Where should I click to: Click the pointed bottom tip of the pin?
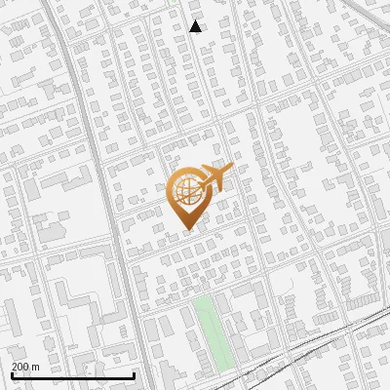(x=187, y=229)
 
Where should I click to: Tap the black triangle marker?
(x=196, y=27)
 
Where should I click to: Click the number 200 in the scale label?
(x=20, y=367)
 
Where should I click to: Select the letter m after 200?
(x=36, y=367)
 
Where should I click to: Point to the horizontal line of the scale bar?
(x=73, y=376)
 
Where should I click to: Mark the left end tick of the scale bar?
(x=12, y=375)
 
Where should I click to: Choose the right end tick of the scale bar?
(x=134, y=375)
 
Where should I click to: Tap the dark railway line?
(x=292, y=358)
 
